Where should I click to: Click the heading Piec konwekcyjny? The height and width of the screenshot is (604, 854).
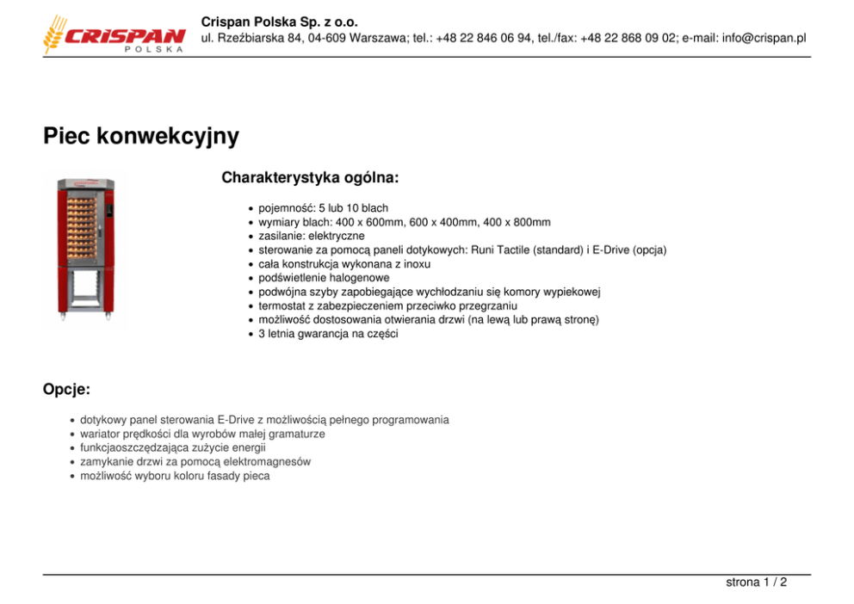(141, 136)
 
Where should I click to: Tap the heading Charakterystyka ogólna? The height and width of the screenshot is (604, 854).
(310, 178)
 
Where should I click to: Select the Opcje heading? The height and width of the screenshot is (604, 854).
(67, 389)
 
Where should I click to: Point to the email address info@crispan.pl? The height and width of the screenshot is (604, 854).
(764, 38)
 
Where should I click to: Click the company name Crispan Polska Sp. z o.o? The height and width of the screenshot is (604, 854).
(280, 22)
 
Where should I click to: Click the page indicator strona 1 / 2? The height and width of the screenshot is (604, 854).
(756, 582)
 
